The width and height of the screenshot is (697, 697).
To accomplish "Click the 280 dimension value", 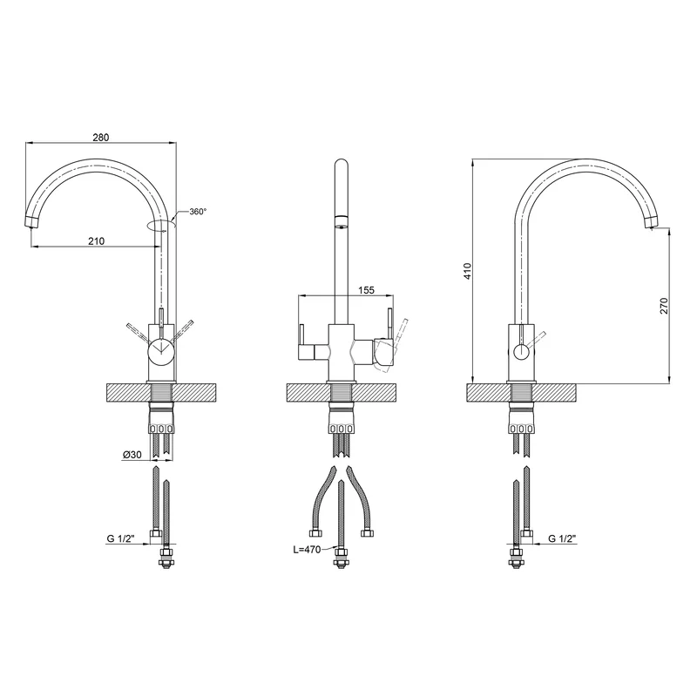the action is click(101, 138).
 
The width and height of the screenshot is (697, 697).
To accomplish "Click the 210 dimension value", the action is click(96, 241).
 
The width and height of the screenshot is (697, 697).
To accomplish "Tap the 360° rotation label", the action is click(198, 212).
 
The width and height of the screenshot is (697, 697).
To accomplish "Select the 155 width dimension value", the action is click(366, 290).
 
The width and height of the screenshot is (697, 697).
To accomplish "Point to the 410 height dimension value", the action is click(467, 271).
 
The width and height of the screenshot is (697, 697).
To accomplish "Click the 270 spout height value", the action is click(664, 306).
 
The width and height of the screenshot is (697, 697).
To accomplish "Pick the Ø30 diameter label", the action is click(132, 455).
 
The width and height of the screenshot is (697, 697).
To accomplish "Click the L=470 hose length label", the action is click(307, 550).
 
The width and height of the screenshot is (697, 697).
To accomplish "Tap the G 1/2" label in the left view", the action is click(120, 538).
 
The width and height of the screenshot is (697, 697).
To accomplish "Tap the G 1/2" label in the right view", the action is click(562, 538).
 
